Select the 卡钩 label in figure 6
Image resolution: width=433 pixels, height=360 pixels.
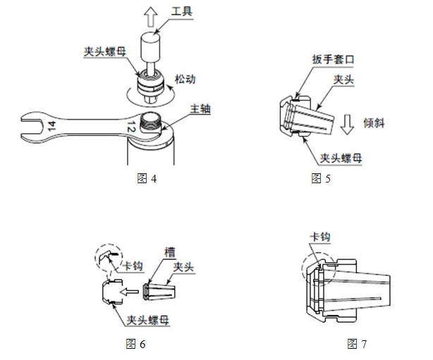pyautogui.click(x=133, y=266)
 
